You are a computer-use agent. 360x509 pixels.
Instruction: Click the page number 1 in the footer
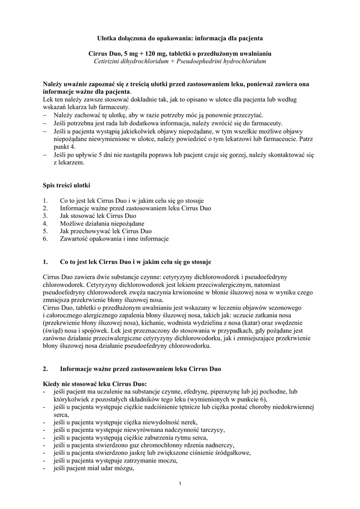[180, 485]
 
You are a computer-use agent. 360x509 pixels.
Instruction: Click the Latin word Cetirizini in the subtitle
[109, 61]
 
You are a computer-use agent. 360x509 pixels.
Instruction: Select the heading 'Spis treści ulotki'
[67, 185]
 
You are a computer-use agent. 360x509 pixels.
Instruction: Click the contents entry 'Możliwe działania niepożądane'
[98, 224]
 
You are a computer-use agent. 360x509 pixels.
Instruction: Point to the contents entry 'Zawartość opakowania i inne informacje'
[114, 239]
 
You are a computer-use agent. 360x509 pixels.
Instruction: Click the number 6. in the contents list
[45, 239]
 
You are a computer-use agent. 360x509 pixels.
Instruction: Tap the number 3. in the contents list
[45, 216]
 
